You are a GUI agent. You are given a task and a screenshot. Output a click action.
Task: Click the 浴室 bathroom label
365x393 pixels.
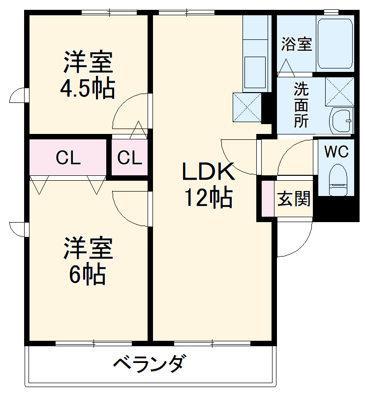click(297, 44)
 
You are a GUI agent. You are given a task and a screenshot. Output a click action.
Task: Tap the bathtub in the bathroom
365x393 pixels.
click(335, 43)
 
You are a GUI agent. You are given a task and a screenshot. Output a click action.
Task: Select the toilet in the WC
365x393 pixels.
click(338, 180)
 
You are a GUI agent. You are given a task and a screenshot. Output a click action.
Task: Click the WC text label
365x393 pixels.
click(336, 151)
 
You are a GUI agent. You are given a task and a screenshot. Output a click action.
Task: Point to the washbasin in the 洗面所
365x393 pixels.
click(342, 121)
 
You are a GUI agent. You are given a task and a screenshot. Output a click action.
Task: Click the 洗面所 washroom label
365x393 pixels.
click(301, 105)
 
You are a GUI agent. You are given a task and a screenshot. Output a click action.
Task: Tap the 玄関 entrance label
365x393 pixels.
click(294, 199)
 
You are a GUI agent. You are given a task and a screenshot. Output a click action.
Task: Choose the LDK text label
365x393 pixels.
click(209, 171)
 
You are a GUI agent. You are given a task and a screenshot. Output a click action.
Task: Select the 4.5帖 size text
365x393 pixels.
click(88, 89)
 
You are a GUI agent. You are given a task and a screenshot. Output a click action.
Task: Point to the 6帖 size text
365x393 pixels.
click(87, 274)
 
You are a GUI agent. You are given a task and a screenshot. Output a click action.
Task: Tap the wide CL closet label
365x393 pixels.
click(68, 158)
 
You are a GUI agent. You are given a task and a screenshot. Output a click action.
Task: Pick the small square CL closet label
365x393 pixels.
click(130, 158)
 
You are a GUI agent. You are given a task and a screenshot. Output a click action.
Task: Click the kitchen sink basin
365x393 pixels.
click(255, 72)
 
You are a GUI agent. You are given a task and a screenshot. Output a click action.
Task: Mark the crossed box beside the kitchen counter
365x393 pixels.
click(247, 107)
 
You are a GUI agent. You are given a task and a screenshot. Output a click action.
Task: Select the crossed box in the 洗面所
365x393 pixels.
click(339, 92)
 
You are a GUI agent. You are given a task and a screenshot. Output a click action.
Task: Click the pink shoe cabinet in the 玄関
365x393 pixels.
click(268, 198)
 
